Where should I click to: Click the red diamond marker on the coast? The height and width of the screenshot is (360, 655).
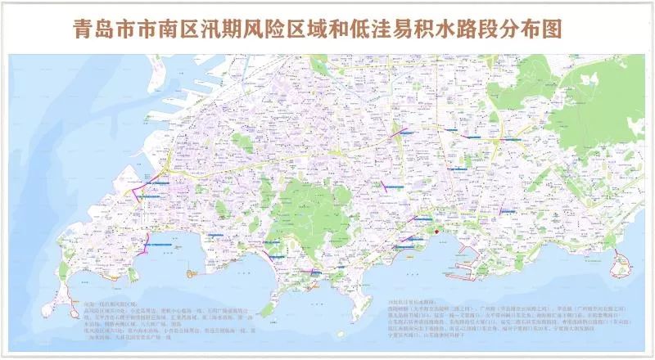click(x=436, y=232)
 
